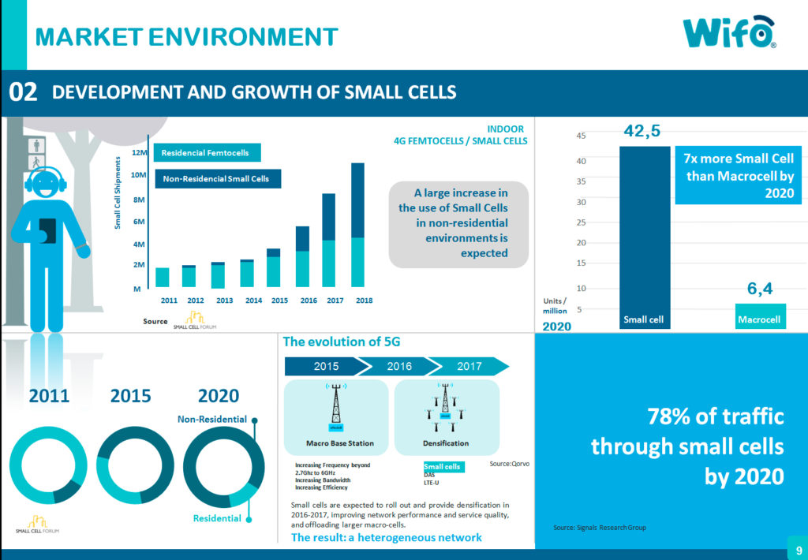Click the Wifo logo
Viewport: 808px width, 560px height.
[728, 33]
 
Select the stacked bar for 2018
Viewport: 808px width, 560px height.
[357, 225]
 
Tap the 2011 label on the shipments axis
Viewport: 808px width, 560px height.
[169, 301]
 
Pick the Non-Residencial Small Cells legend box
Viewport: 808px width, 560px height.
[217, 179]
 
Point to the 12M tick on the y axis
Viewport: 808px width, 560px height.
[140, 152]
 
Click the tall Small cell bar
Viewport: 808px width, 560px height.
[644, 237]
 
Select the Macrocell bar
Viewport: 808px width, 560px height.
[760, 316]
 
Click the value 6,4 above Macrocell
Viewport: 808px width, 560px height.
[759, 289]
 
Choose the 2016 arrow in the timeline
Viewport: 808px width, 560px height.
[399, 366]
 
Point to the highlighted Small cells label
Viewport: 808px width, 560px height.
[443, 467]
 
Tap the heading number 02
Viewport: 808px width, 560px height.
[23, 92]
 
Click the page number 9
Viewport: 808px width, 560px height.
[799, 550]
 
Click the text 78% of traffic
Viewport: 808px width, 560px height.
[715, 416]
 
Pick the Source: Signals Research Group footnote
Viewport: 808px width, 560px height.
[600, 527]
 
